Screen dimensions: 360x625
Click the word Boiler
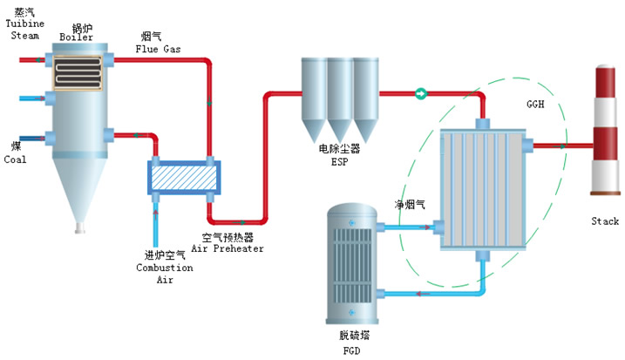[x=76, y=37]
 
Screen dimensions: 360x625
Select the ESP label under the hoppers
[x=338, y=160]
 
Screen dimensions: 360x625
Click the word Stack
[x=604, y=221]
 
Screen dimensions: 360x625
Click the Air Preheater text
[x=228, y=248]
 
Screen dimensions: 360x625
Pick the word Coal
[x=16, y=160]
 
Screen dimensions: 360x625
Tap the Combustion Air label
[x=164, y=267]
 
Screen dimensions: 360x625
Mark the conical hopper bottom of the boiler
[x=79, y=196]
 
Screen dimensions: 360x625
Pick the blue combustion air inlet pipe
[x=157, y=227]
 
